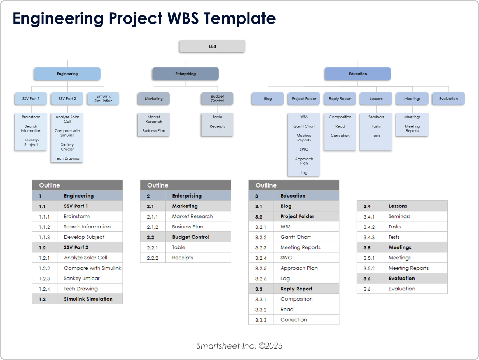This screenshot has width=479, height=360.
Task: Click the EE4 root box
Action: [x=212, y=46]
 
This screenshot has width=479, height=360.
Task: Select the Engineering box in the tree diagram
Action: [x=67, y=74]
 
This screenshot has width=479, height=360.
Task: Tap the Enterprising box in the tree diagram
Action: [x=185, y=74]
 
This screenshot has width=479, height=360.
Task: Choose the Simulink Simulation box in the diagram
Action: [x=103, y=99]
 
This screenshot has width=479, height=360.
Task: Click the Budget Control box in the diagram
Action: [x=217, y=99]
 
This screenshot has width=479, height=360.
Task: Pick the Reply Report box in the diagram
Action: [x=340, y=99]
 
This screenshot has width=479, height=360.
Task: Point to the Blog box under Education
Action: [x=268, y=99]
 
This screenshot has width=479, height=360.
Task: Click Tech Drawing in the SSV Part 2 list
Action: [x=67, y=158]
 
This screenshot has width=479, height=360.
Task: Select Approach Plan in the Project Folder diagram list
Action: [x=304, y=161]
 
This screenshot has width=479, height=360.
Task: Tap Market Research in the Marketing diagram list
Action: [x=154, y=119]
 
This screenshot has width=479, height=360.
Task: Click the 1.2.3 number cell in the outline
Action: [x=45, y=279]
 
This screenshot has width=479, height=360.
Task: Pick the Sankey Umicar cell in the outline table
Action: [x=82, y=279]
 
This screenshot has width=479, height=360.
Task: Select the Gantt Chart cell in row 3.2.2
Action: [x=296, y=237]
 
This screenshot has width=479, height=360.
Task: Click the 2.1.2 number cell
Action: [x=153, y=227]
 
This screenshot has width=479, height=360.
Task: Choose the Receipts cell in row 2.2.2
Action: [x=182, y=258]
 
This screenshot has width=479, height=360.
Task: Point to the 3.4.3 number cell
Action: [x=369, y=237]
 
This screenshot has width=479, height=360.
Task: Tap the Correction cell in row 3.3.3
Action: [x=293, y=320]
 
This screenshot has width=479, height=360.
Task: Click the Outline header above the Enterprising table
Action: [x=158, y=185]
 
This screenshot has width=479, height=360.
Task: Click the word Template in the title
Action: [x=239, y=18]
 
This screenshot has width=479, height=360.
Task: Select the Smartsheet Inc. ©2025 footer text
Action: [x=239, y=346]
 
